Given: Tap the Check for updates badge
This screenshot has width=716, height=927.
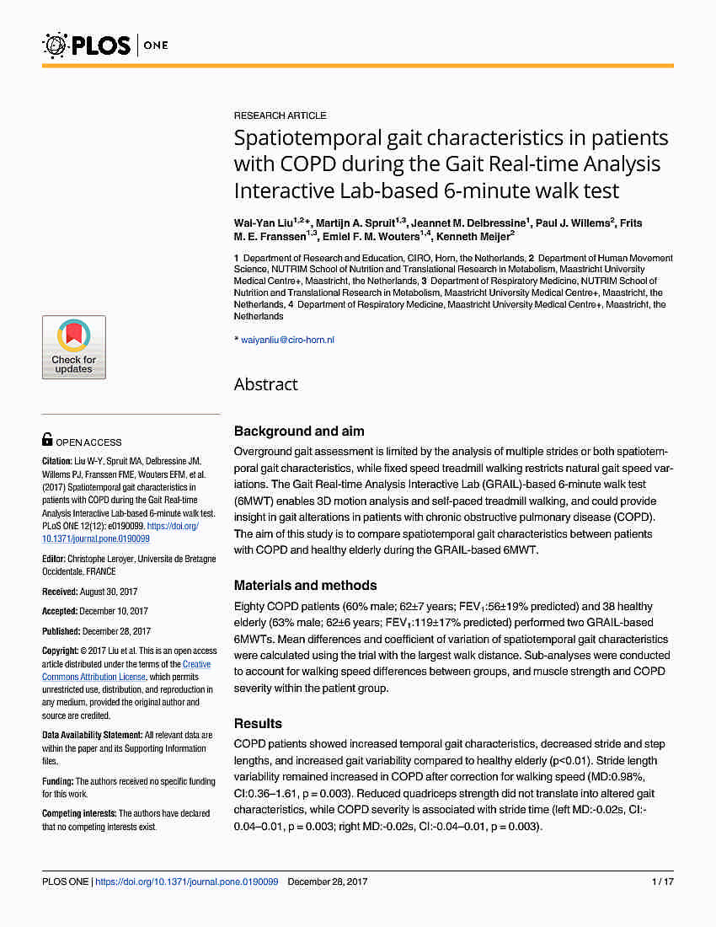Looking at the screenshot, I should click(74, 347).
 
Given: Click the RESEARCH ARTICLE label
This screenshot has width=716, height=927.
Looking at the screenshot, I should click(280, 115).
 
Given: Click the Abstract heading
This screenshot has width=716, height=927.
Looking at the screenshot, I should click(265, 384).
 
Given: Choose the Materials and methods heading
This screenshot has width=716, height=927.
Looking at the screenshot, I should click(305, 585).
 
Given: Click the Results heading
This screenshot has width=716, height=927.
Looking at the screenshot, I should click(258, 723).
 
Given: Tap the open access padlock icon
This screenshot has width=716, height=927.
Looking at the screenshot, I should click(47, 439).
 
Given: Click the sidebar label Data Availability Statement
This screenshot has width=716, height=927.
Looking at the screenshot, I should click(92, 736).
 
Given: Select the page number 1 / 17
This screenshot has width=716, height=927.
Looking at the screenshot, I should click(662, 881).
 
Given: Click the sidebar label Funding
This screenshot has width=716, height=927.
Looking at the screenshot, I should click(57, 781).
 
